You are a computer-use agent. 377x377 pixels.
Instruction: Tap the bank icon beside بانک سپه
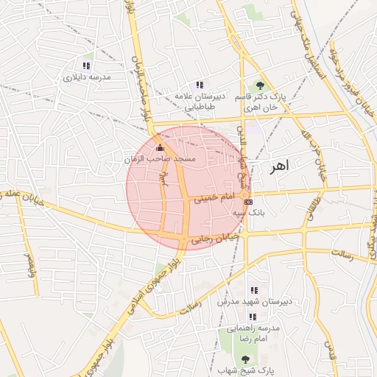pos(248,201)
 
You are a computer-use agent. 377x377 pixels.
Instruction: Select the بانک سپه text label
pos(249,212)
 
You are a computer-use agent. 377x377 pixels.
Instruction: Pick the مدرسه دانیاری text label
pos(86,77)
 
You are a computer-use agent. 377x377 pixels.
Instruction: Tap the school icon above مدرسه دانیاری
pos(86,66)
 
